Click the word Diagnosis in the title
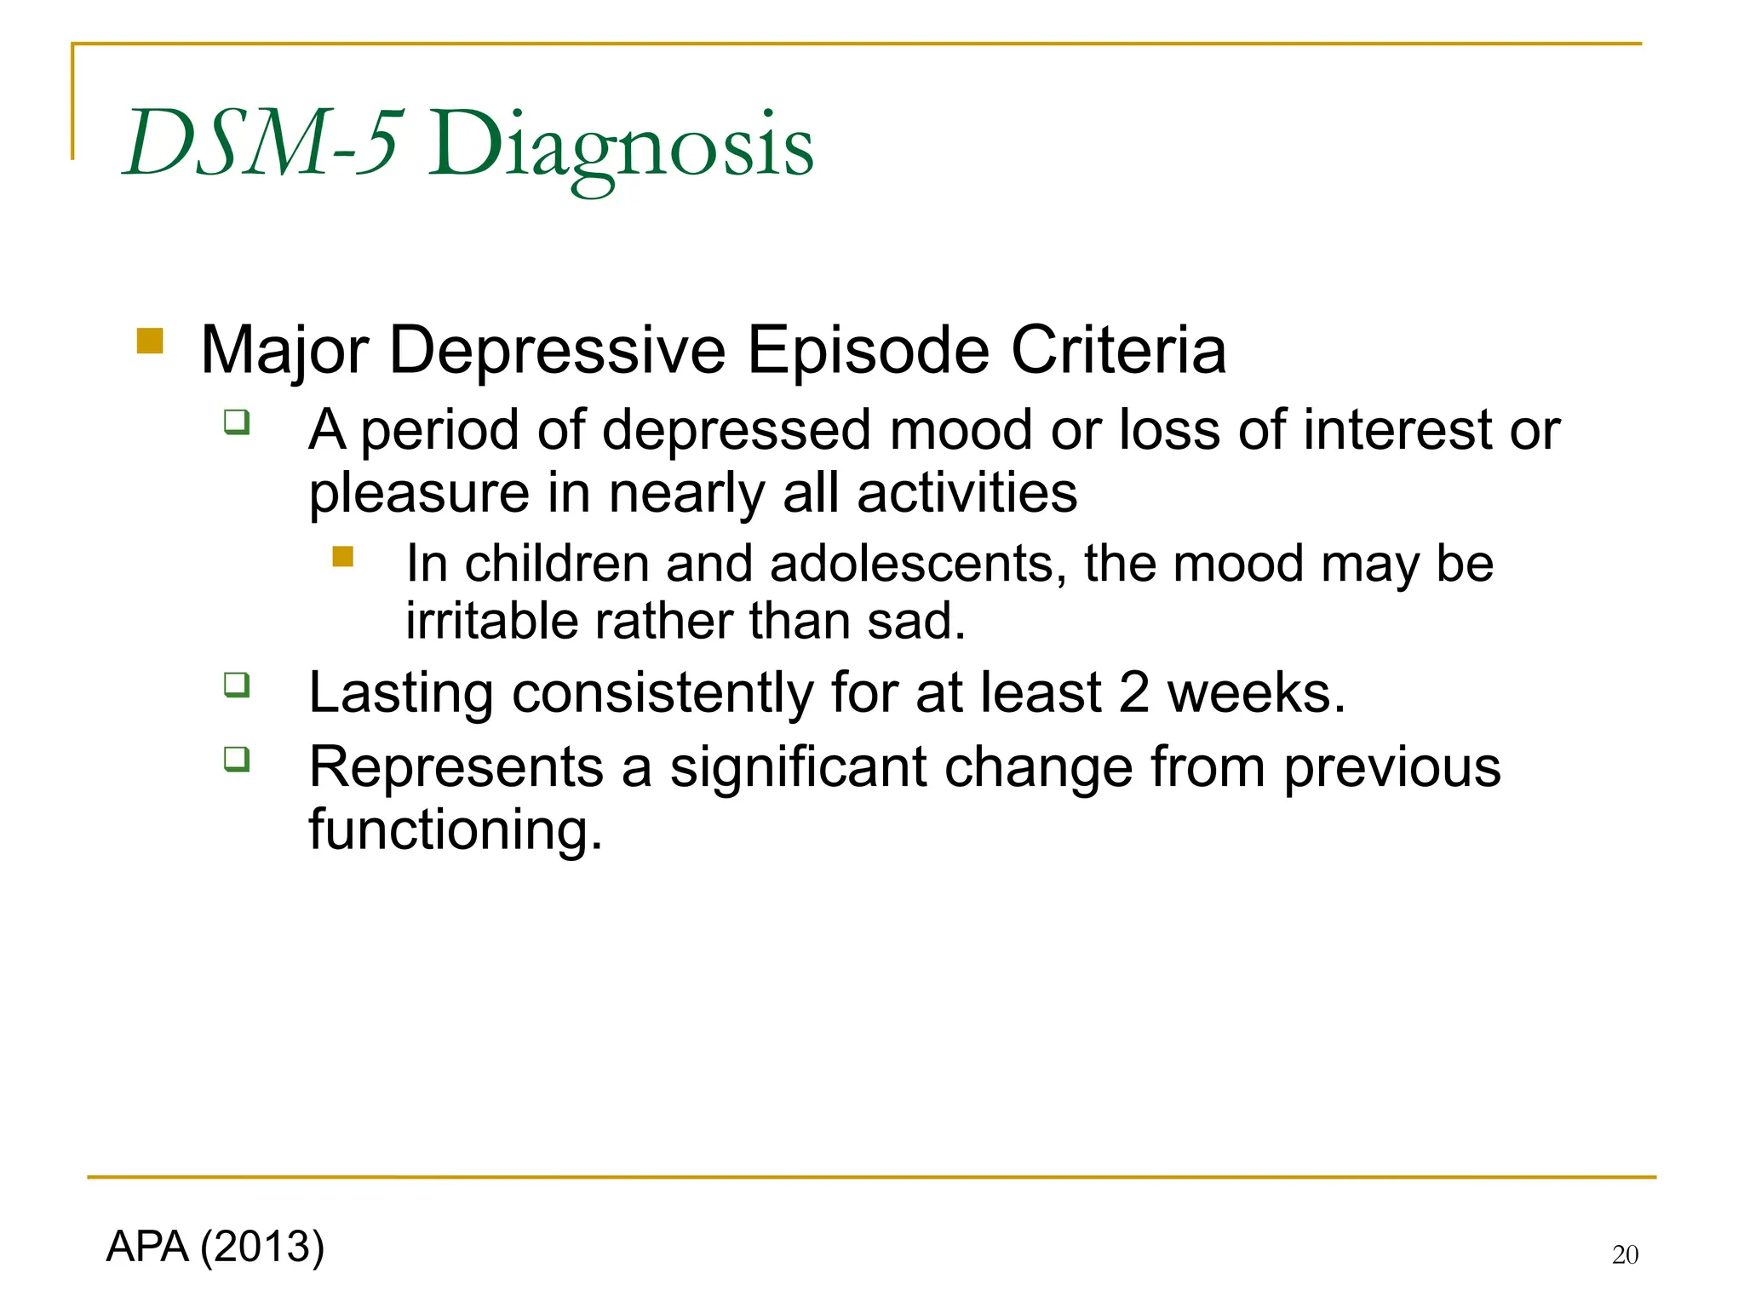(x=620, y=146)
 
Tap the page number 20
(x=1625, y=1254)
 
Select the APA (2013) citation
(x=215, y=1247)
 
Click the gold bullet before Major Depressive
(x=150, y=341)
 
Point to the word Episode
(x=868, y=350)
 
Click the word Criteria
(x=1118, y=350)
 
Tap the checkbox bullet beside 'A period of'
(x=237, y=422)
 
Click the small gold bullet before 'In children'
(x=343, y=557)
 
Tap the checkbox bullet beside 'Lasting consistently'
(x=237, y=685)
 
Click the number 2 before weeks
(x=1133, y=692)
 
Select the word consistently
(x=663, y=692)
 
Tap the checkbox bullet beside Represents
(x=237, y=759)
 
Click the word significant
(x=798, y=767)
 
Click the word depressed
(x=737, y=429)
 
